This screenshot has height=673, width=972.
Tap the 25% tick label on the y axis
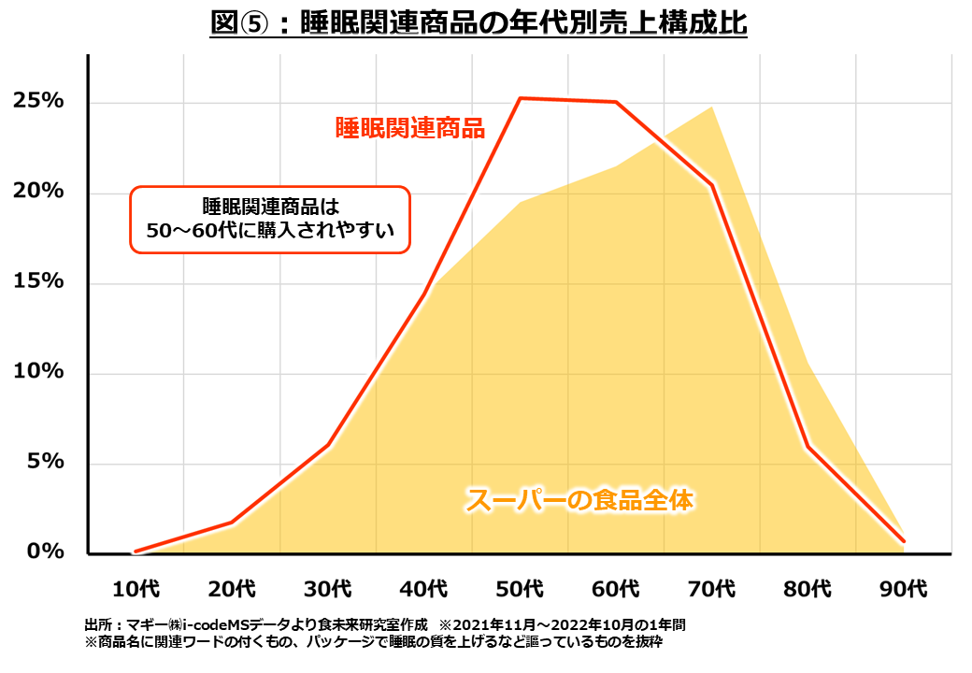click(38, 101)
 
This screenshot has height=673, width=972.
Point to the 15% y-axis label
click(38, 281)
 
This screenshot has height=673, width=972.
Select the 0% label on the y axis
click(45, 551)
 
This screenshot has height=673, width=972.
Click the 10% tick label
click(38, 371)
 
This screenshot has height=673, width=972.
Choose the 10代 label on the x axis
click(136, 589)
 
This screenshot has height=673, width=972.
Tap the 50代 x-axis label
click(520, 589)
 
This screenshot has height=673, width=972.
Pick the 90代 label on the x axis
click(904, 589)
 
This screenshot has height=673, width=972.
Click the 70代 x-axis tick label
click(712, 589)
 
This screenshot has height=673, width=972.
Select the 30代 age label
click(328, 589)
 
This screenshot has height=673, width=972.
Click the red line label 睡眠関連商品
click(410, 128)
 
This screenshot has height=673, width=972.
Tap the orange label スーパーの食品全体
click(579, 500)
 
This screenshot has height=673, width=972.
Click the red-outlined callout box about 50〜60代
click(269, 219)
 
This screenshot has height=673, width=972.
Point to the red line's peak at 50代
click(520, 98)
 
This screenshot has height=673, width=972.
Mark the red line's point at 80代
click(808, 447)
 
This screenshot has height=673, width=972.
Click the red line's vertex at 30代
click(328, 445)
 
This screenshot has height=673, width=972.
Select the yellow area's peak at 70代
click(712, 107)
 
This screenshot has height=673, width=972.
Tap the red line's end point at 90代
click(903, 540)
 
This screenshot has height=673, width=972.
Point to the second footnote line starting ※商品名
click(374, 643)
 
